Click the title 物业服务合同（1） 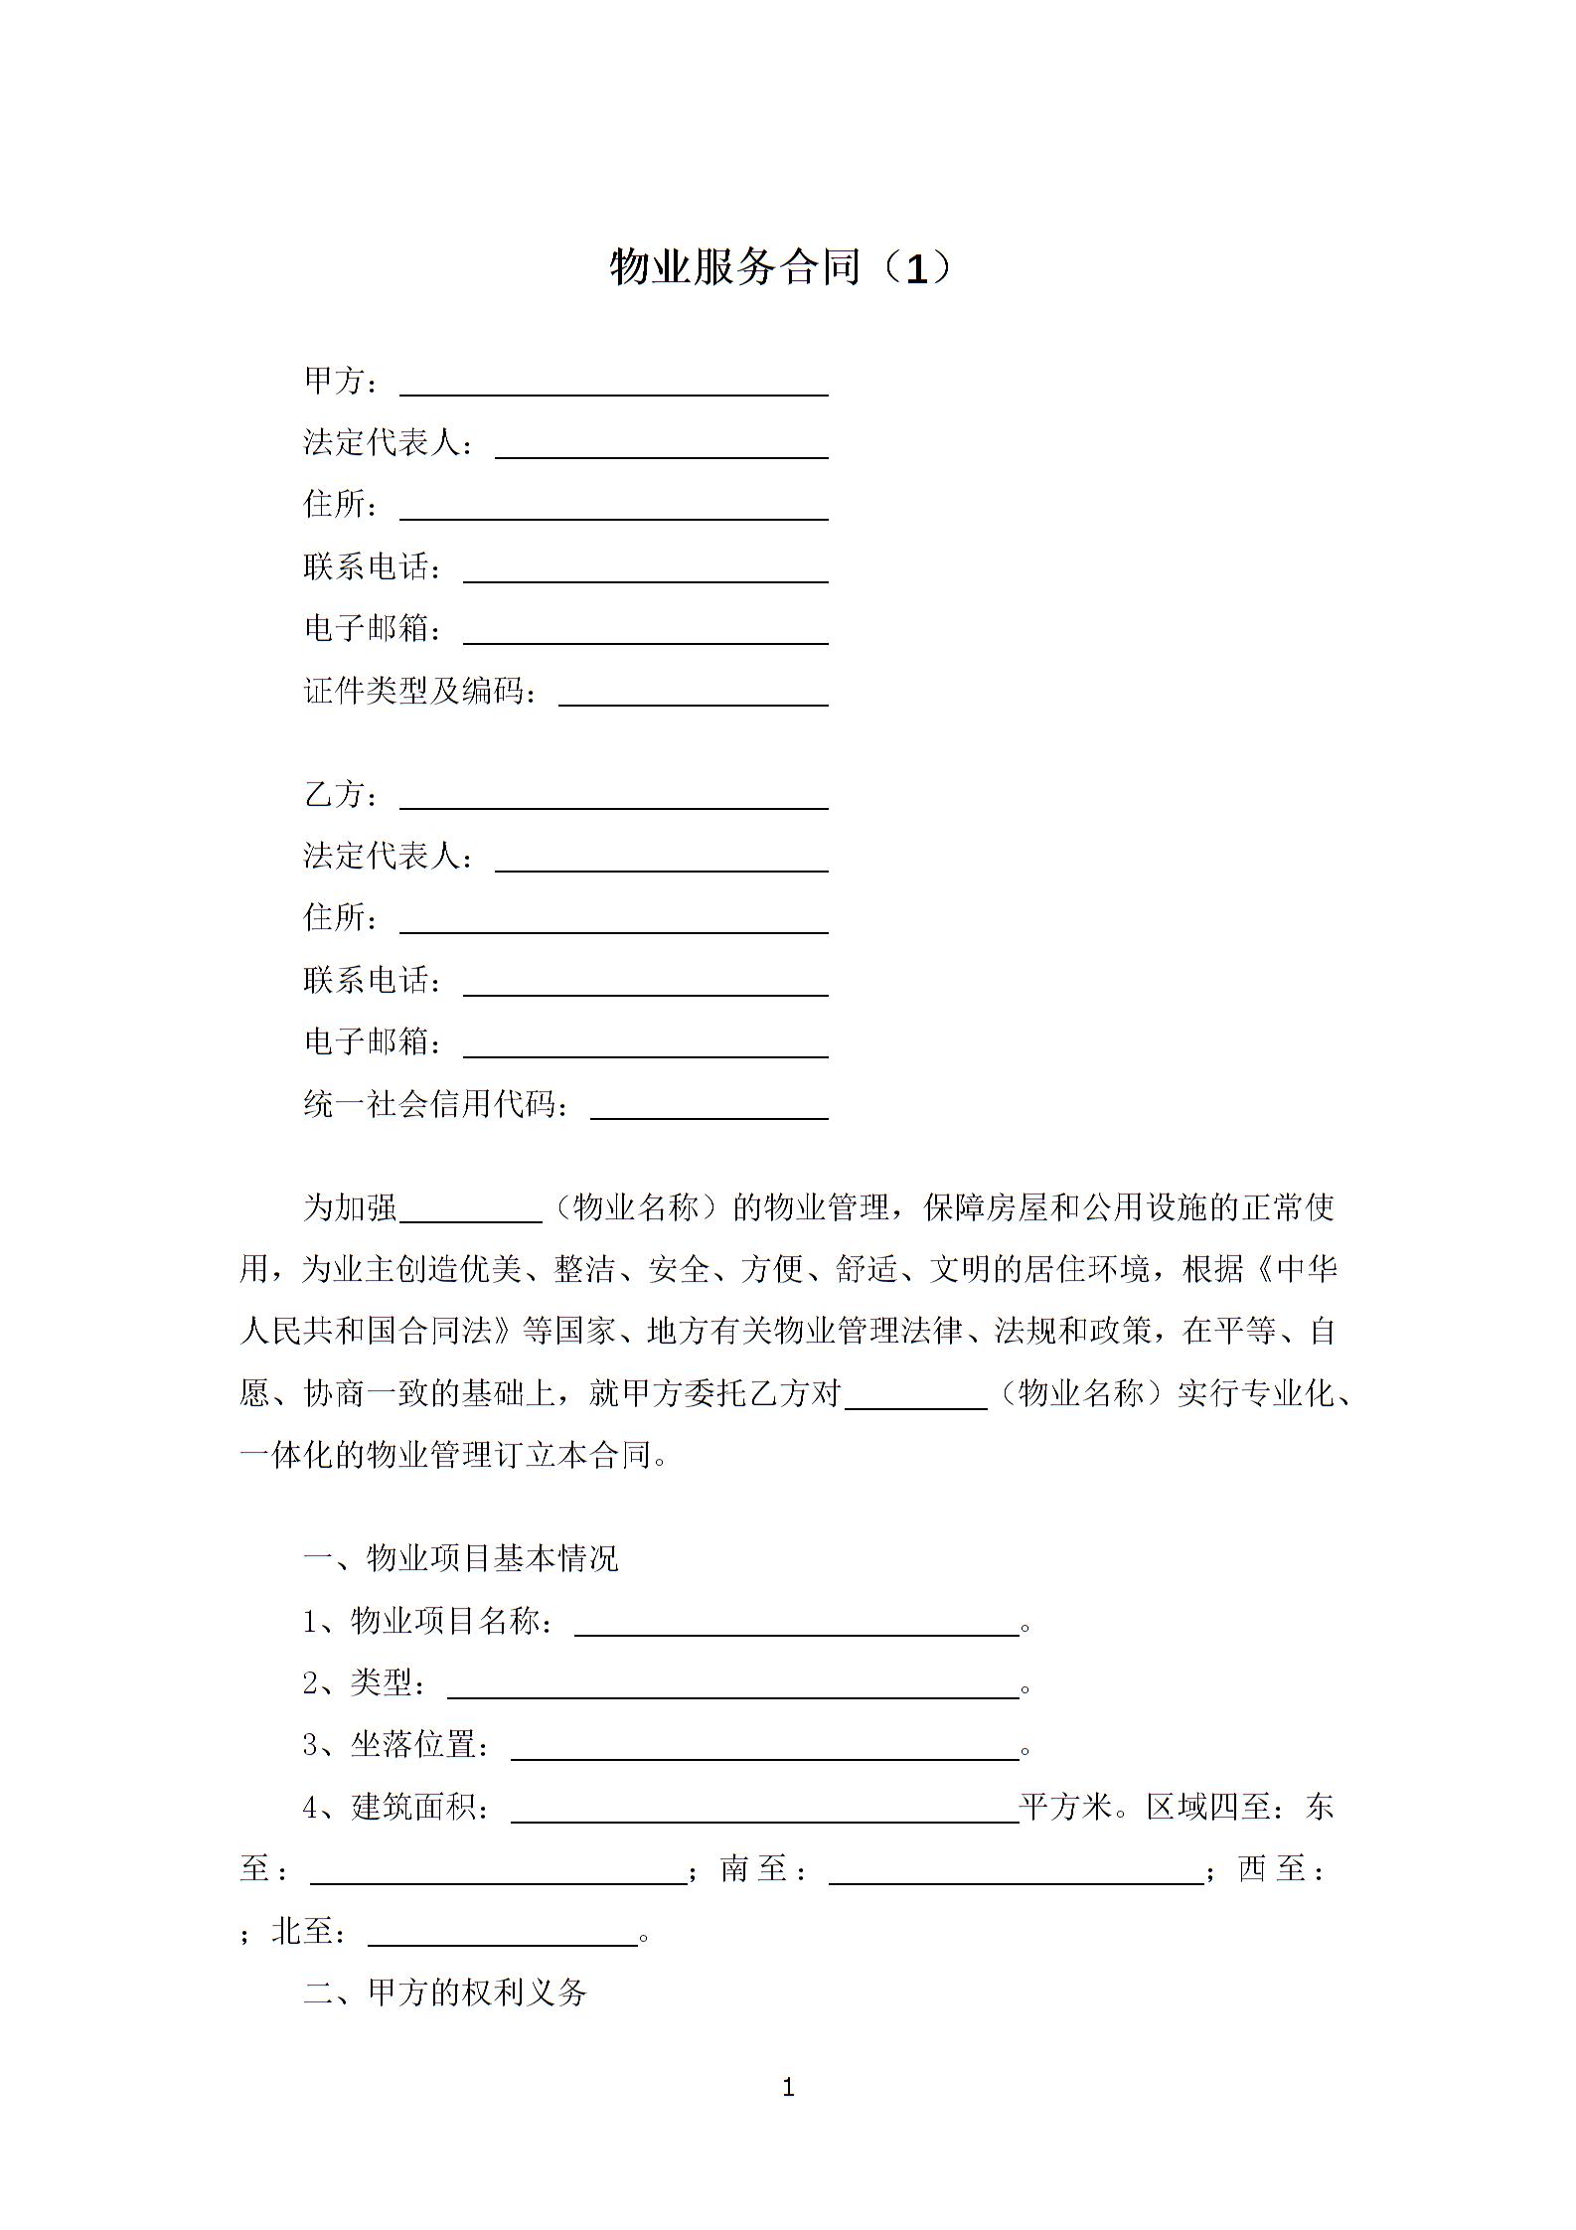(781, 267)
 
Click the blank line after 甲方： (613, 385)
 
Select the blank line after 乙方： (613, 798)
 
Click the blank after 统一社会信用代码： (709, 1108)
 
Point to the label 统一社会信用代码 (434, 1104)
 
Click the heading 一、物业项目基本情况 (460, 1558)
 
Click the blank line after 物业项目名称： (796, 1624)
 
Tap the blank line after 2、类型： (732, 1686)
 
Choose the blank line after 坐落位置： (764, 1748)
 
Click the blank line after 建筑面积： (764, 1811)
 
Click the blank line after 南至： (1015, 1872)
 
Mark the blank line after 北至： (502, 1934)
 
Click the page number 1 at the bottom (788, 2088)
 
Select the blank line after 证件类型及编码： (693, 695)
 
